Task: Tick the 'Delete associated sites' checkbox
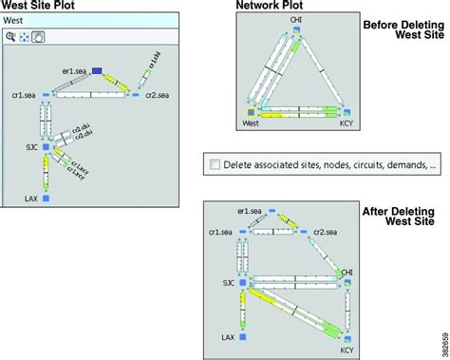coord(215,163)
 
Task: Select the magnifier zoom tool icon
coord(9,36)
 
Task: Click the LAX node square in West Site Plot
coord(45,200)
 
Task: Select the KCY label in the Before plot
coord(347,123)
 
